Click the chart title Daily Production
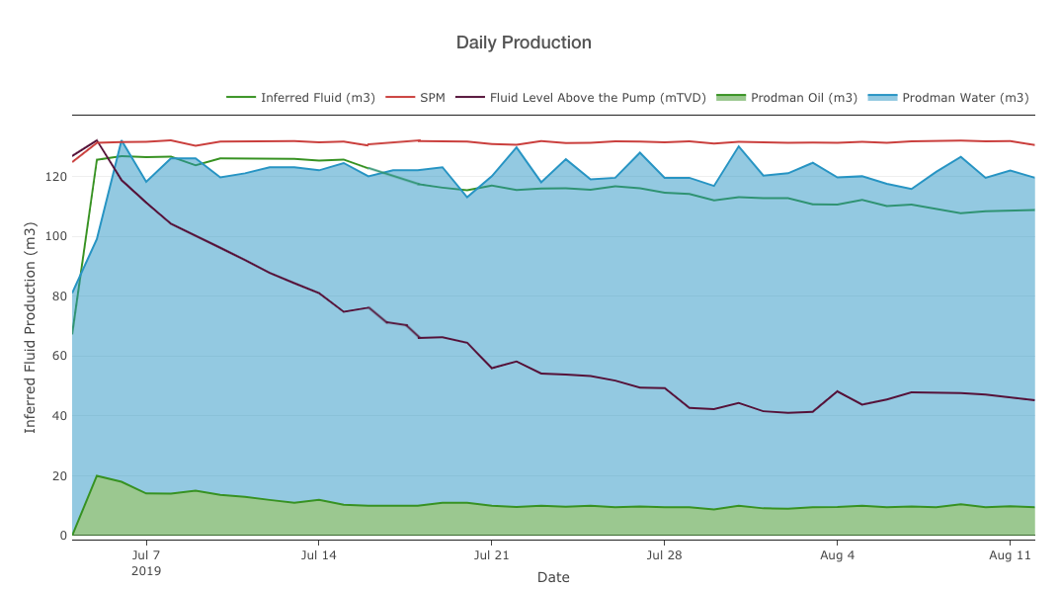pos(524,42)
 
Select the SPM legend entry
pos(432,98)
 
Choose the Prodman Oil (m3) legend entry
pos(803,98)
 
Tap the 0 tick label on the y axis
pos(62,536)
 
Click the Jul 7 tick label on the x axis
pos(146,555)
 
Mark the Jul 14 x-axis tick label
pos(318,555)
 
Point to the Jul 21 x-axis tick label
pos(491,555)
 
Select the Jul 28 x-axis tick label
pos(664,555)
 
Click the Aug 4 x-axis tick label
pos(837,555)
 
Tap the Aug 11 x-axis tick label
pos(1010,555)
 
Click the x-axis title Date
pos(553,577)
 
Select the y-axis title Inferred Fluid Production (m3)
pos(31,326)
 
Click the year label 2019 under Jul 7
pos(146,571)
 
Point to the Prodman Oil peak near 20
pos(97,475)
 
